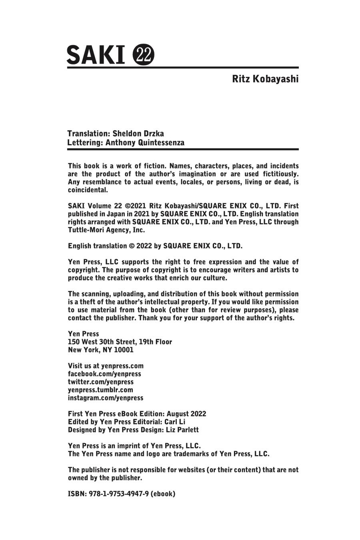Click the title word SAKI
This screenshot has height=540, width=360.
pyautogui.click(x=96, y=55)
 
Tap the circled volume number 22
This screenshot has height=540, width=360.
pyautogui.click(x=143, y=55)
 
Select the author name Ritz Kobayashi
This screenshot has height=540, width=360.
pyautogui.click(x=265, y=79)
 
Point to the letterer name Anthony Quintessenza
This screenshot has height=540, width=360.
pyautogui.click(x=145, y=142)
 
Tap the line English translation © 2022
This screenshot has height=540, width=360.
pyautogui.click(x=155, y=246)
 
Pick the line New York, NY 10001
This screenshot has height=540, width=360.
pyautogui.click(x=101, y=350)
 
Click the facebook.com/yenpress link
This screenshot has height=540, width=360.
pyautogui.click(x=104, y=374)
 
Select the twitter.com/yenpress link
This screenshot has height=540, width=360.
pyautogui.click(x=101, y=382)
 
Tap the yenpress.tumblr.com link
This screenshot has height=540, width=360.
pyautogui.click(x=100, y=390)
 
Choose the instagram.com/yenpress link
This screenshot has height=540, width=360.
pyautogui.click(x=106, y=398)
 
